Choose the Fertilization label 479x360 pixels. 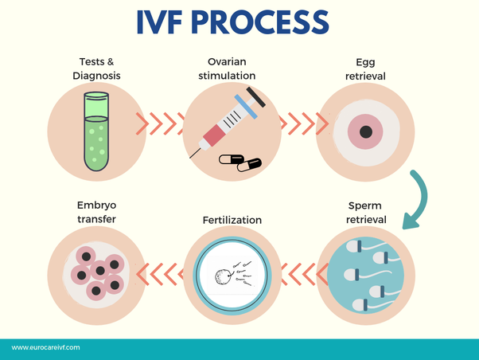[232, 220]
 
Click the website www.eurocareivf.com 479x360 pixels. [45, 348]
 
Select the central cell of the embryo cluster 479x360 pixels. [99, 271]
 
